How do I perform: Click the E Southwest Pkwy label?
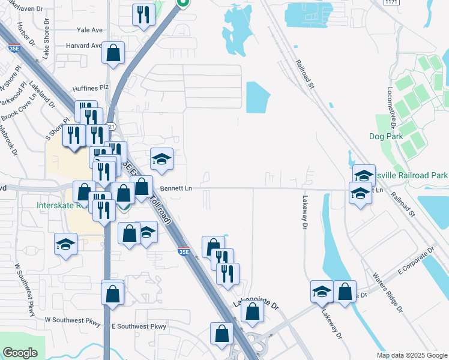(x=139, y=326)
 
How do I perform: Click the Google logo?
(x=20, y=353)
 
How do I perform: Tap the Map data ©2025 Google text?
(x=412, y=355)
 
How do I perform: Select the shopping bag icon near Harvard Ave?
(x=113, y=53)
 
